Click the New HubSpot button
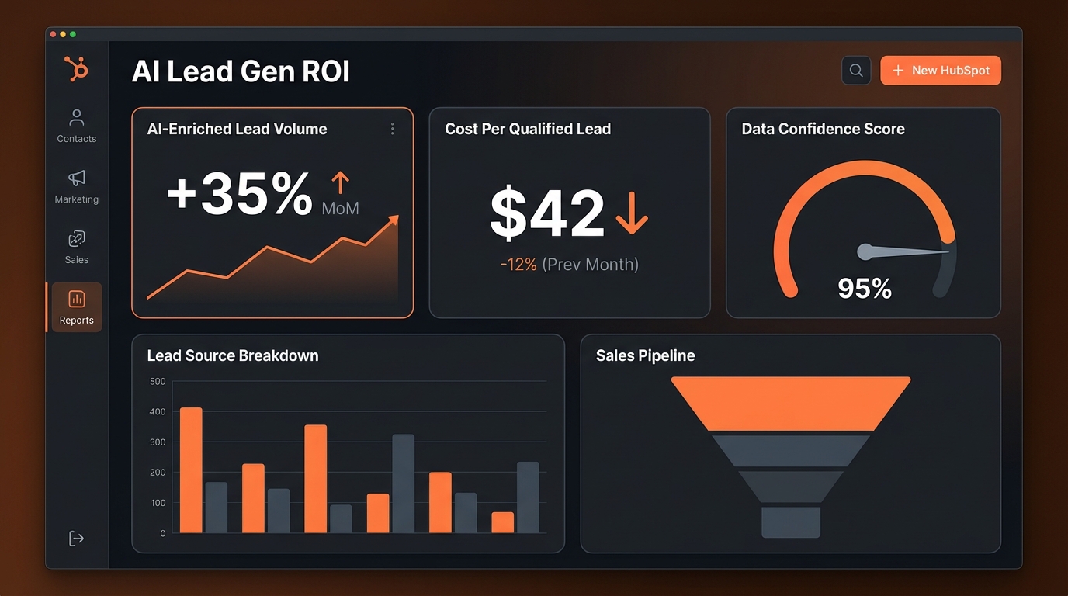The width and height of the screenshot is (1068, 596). pos(940,71)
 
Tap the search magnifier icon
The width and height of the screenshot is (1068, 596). pos(856,71)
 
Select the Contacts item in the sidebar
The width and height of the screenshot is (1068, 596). pos(76,126)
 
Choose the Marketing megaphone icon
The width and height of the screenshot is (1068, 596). pos(76,178)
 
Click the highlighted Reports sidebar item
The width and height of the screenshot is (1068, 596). pos(76,307)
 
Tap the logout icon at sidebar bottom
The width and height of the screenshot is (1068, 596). pos(76,539)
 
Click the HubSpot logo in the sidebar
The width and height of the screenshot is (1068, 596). pos(76,69)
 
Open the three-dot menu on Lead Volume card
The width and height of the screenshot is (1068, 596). pos(393,129)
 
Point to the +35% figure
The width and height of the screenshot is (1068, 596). pos(240,195)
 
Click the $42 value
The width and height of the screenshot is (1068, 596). pos(547,213)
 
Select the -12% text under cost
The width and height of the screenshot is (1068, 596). pos(518,265)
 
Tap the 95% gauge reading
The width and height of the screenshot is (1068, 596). pos(865,289)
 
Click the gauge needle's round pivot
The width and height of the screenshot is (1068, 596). pos(865,251)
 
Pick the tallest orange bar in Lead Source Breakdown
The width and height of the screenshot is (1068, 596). pos(191,470)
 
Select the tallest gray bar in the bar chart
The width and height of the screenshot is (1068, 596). pos(403,483)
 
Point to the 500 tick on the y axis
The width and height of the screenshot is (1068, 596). pos(158,381)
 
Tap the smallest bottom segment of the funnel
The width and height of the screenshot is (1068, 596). pos(790,521)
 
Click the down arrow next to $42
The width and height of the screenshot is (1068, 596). pos(631,213)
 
